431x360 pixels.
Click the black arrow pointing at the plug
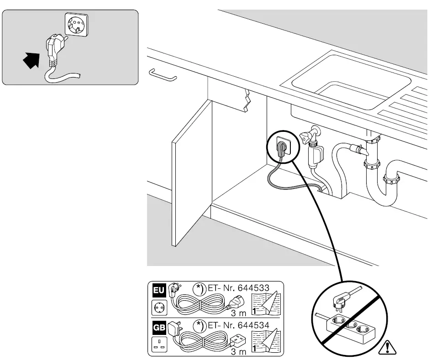pyautogui.click(x=31, y=60)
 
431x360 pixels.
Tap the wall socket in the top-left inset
pyautogui.click(x=75, y=23)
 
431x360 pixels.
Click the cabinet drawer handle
pyautogui.click(x=163, y=74)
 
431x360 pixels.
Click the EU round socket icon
pyautogui.click(x=158, y=308)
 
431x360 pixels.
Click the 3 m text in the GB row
pyautogui.click(x=238, y=351)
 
